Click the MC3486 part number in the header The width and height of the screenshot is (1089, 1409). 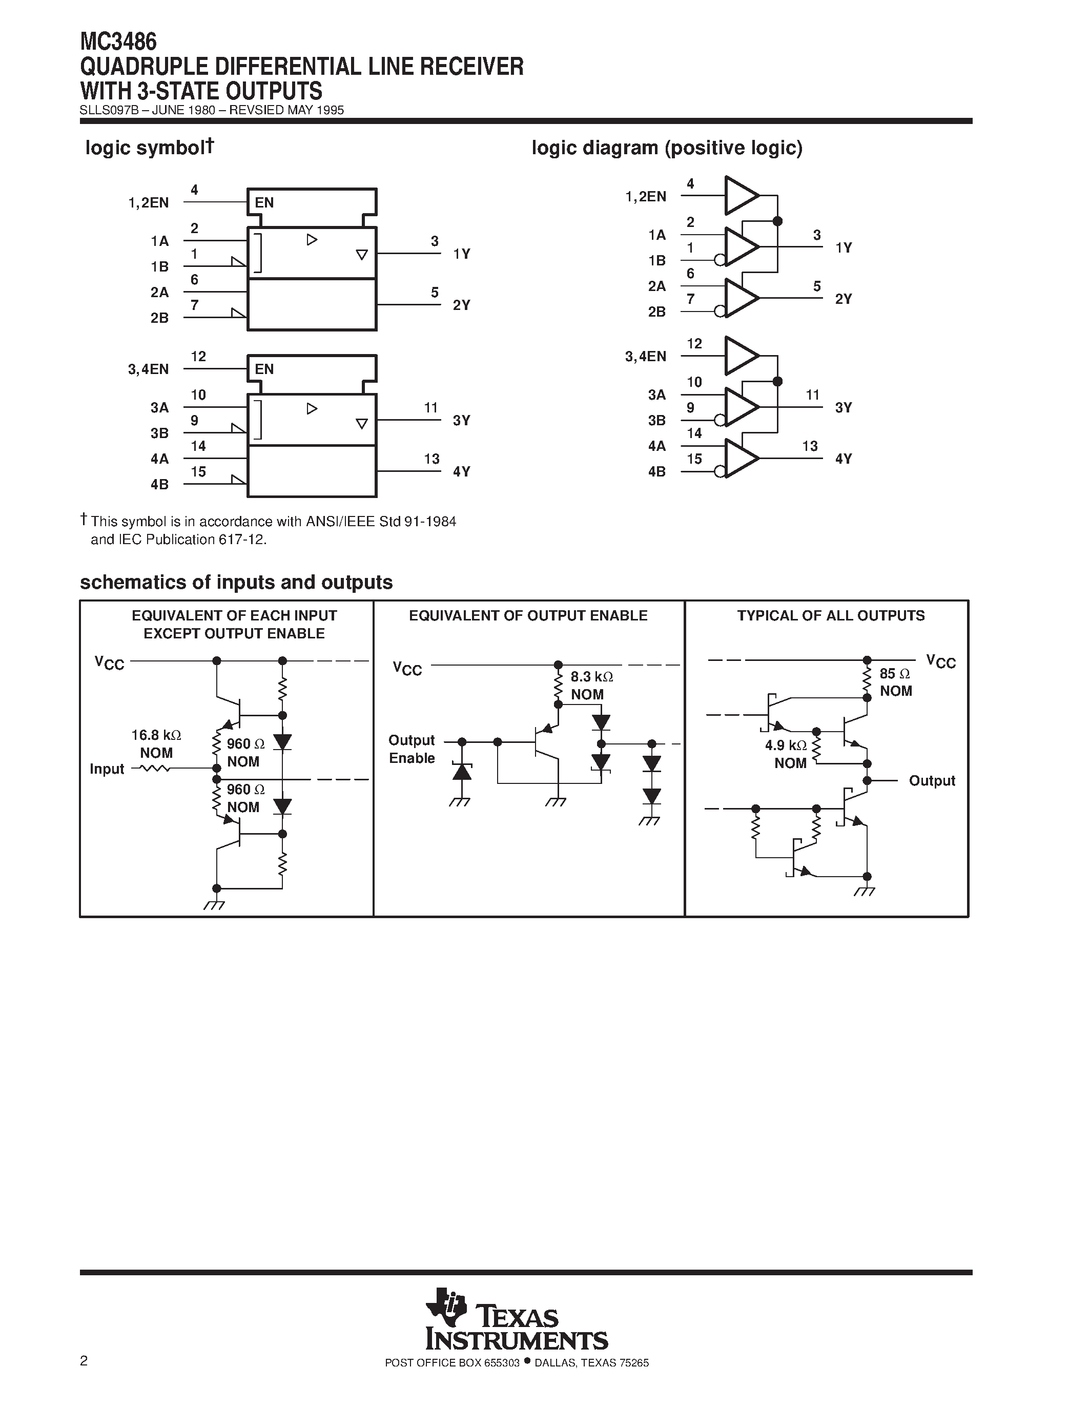pyautogui.click(x=118, y=42)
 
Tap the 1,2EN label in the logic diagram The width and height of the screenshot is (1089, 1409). pyautogui.click(x=645, y=196)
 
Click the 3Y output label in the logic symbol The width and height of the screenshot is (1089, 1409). pyautogui.click(x=461, y=421)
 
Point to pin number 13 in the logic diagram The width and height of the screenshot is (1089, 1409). pyautogui.click(x=810, y=446)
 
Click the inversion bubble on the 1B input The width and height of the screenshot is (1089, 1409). pyautogui.click(x=720, y=260)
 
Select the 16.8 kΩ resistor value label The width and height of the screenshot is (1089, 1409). pyautogui.click(x=156, y=735)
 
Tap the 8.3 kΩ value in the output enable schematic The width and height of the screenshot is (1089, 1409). pyautogui.click(x=591, y=677)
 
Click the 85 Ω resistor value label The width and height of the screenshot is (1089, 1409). pyautogui.click(x=895, y=674)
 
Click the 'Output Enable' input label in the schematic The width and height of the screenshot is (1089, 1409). pyautogui.click(x=412, y=749)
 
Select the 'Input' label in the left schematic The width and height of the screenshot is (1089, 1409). pyautogui.click(x=107, y=769)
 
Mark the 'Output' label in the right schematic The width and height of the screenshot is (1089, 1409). pyautogui.click(x=932, y=781)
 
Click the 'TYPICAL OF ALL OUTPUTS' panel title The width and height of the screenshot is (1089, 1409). pyautogui.click(x=831, y=615)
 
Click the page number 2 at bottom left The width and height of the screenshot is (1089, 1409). pyautogui.click(x=84, y=1361)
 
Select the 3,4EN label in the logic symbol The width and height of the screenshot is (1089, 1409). pyautogui.click(x=149, y=369)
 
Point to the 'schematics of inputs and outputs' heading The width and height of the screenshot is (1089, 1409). pyautogui.click(x=236, y=582)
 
